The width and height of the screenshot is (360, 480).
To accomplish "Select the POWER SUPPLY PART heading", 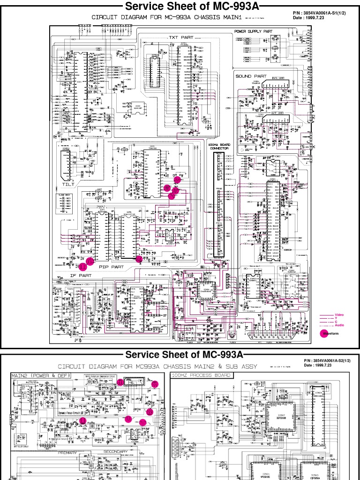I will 253,31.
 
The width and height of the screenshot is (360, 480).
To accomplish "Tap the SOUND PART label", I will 251,76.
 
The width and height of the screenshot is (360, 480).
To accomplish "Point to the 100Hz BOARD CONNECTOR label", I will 218,146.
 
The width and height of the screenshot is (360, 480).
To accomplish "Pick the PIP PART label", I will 111,266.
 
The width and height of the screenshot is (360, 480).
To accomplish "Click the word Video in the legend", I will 339,314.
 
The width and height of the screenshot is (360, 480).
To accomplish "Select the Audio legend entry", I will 339,325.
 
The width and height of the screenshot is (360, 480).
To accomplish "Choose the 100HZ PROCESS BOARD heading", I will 201,375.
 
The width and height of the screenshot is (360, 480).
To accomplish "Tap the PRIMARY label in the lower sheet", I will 67,453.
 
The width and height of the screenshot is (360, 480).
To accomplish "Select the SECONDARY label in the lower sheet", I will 115,452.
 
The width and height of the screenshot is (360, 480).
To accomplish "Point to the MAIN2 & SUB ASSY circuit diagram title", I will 157,366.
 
